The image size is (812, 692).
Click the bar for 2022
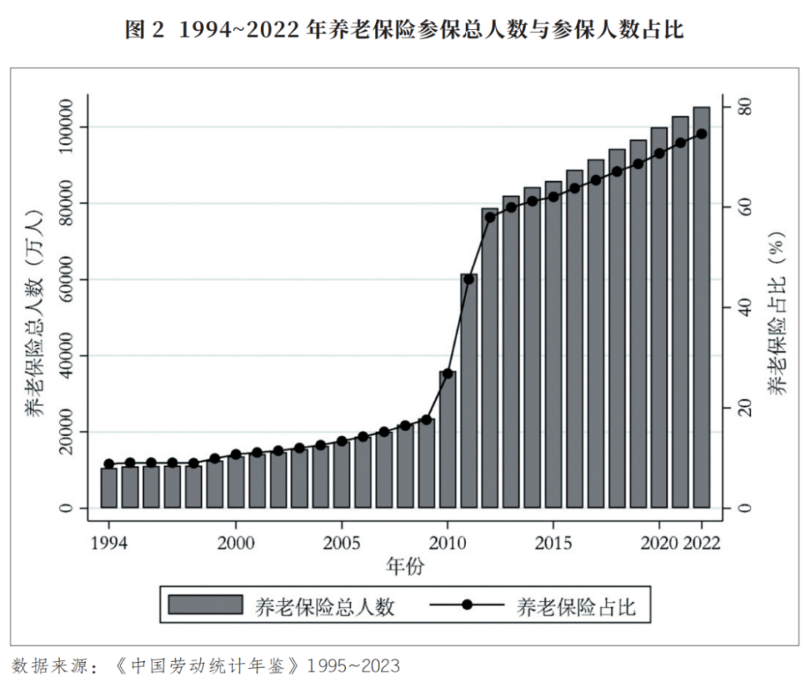(x=701, y=308)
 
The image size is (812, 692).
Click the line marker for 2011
(x=469, y=279)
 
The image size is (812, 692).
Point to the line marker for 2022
(x=701, y=134)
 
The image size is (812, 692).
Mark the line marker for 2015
(x=553, y=197)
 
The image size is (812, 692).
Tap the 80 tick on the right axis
(x=744, y=108)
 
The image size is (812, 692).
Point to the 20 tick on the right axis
(x=744, y=408)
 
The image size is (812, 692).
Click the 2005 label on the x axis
(x=342, y=544)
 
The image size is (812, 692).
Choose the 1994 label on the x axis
(x=109, y=544)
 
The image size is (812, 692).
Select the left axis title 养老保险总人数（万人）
(x=35, y=308)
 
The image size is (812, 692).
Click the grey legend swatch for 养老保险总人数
(x=205, y=605)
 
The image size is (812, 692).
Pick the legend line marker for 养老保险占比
(x=466, y=605)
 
